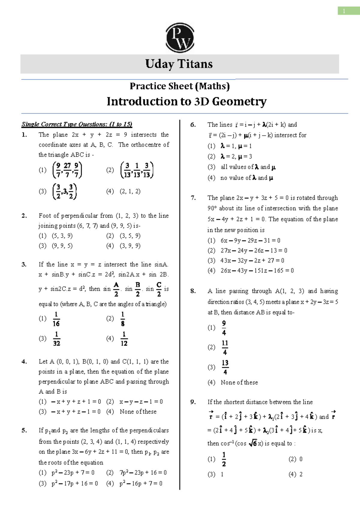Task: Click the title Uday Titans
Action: (x=179, y=64)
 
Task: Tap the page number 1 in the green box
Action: (x=344, y=11)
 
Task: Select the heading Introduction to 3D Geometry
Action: (x=186, y=101)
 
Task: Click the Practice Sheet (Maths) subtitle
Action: (x=180, y=86)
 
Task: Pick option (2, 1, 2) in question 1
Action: (x=130, y=191)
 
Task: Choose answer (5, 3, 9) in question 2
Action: (x=62, y=236)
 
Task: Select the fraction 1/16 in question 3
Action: (x=56, y=319)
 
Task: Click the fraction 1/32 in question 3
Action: (x=56, y=339)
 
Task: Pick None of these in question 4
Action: (x=138, y=411)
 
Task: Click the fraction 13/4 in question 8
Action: (x=225, y=367)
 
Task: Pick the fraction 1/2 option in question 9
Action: (x=224, y=459)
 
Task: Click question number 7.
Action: (x=193, y=198)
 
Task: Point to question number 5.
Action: (x=24, y=430)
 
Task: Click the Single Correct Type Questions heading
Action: (x=77, y=124)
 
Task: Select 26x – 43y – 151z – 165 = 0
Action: (x=257, y=270)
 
